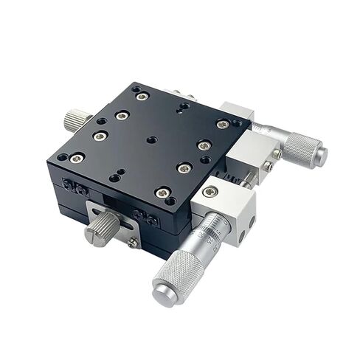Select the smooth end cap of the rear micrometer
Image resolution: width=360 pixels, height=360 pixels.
[321, 155]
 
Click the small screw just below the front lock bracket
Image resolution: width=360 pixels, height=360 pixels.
[132, 241]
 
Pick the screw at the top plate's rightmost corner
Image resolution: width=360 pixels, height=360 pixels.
[222, 125]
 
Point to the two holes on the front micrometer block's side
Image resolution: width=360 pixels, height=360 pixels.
[249, 222]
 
